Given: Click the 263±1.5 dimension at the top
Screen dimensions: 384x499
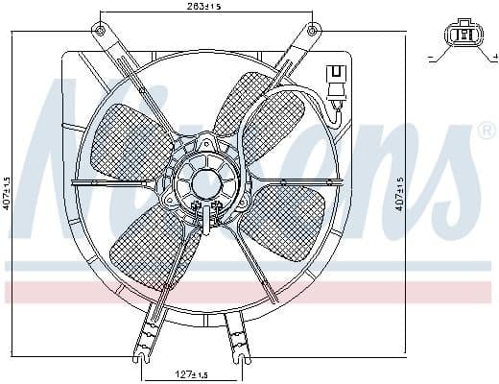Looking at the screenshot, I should pos(205,8).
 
